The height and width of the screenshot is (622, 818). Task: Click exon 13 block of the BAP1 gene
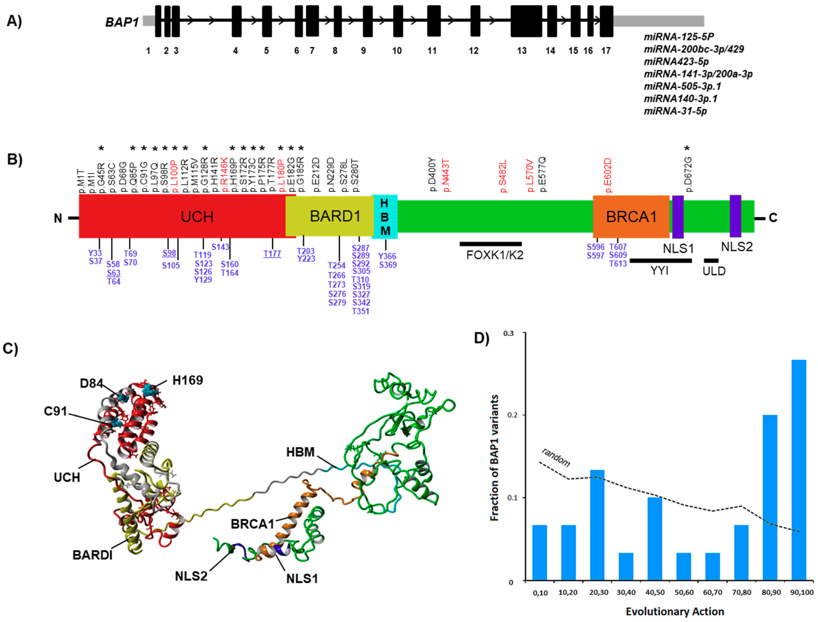[x=526, y=21]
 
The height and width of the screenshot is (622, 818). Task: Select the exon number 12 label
[x=474, y=51]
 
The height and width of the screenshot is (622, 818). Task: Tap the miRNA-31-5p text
[x=675, y=111]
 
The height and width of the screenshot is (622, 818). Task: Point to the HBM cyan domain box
[x=385, y=217]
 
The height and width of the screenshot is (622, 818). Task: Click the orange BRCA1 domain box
[x=631, y=217]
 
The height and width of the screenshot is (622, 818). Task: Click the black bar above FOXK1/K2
[x=491, y=244]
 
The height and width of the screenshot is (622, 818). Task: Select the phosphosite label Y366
[x=387, y=256]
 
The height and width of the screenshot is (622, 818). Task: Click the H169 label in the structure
[x=188, y=380]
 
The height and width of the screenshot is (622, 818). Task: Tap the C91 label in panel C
[x=55, y=411]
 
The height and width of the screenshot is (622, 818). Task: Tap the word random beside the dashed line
[x=556, y=457]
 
